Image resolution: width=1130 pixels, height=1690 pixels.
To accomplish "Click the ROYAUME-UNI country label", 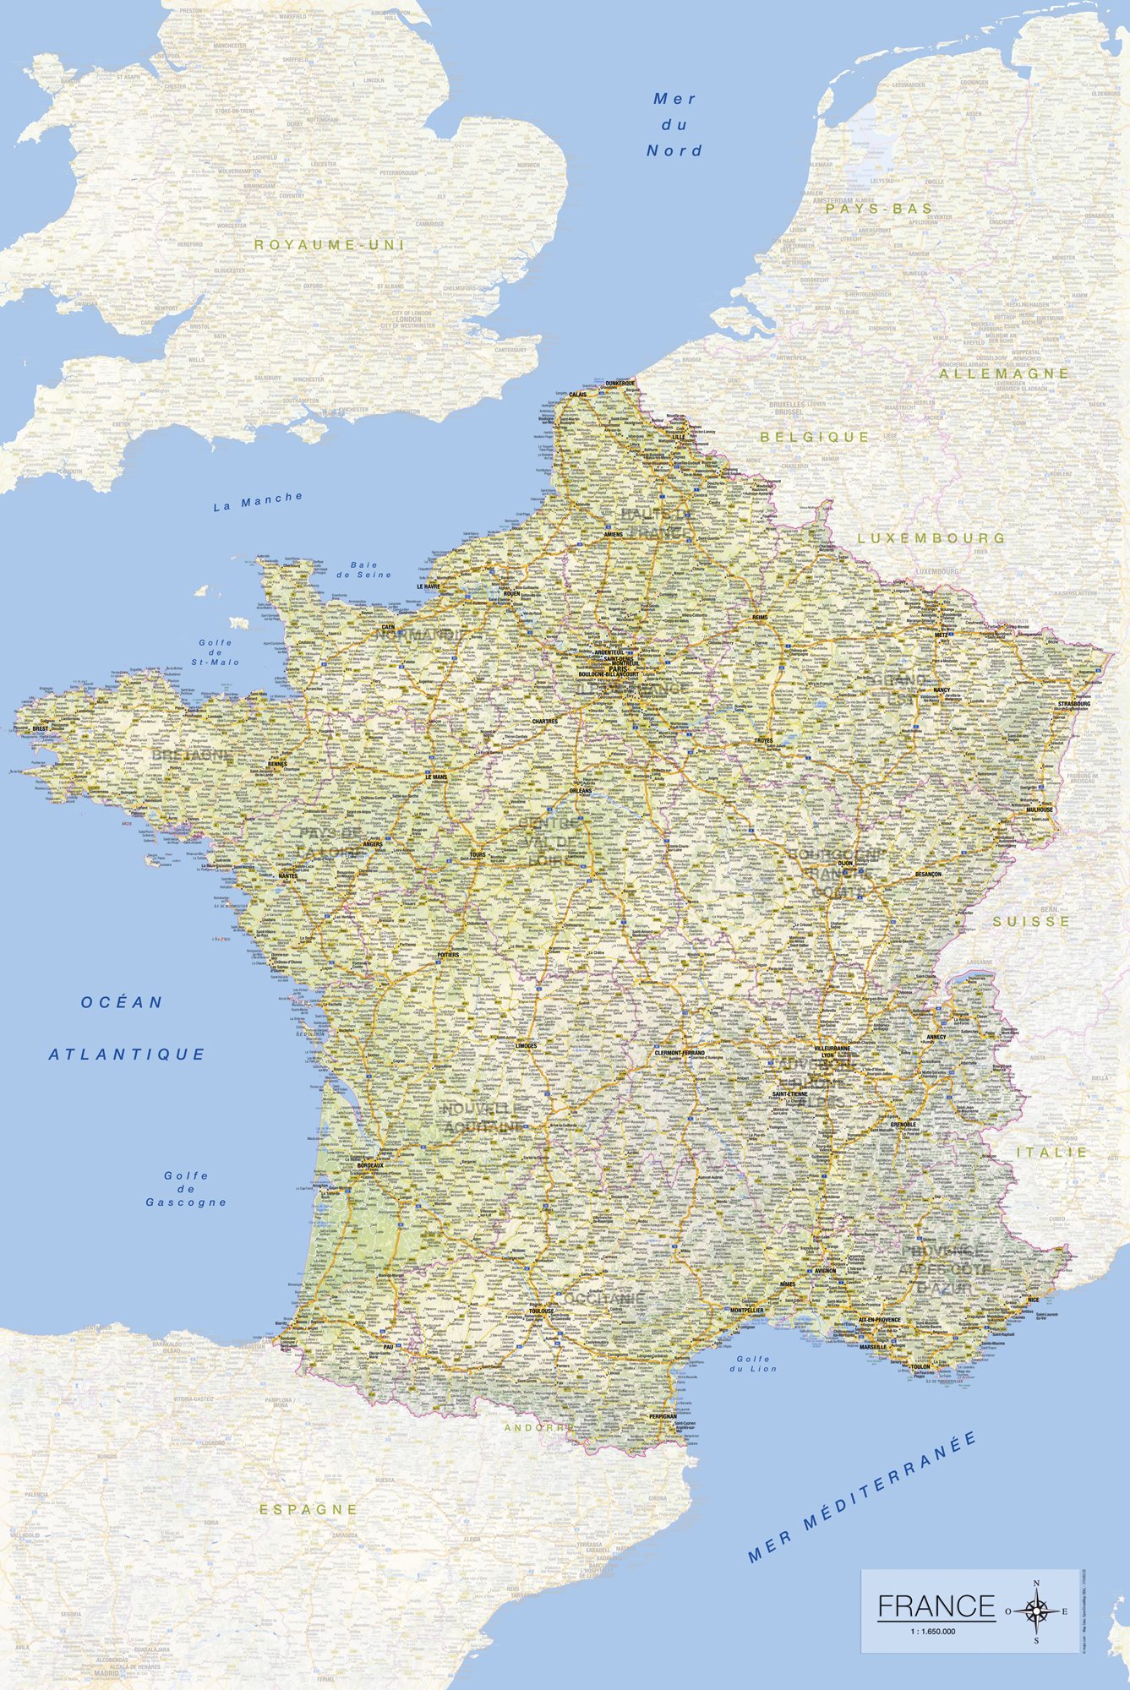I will (330, 244).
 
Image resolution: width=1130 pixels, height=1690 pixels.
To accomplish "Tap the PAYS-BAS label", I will (880, 208).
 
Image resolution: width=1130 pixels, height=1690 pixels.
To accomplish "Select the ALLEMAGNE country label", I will (1004, 373).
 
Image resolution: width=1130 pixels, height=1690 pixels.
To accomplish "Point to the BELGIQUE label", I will (815, 437).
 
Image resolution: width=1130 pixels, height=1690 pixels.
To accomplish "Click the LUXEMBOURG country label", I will (931, 537).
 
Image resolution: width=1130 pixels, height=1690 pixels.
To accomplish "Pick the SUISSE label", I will (1031, 921).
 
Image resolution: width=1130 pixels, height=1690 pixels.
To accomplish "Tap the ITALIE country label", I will (1051, 1152).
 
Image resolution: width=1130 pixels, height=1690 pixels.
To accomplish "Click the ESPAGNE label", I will (308, 1508).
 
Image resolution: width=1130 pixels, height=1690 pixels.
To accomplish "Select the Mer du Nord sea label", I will (674, 125).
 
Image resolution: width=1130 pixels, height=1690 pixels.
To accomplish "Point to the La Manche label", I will (258, 501).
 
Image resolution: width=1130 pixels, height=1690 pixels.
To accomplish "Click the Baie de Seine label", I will (364, 570).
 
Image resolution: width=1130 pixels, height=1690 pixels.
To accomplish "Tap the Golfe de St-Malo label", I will (216, 651).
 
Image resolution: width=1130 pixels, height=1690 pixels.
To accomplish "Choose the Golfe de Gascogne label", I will (186, 1188).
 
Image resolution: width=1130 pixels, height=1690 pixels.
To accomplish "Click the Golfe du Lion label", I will (755, 1363).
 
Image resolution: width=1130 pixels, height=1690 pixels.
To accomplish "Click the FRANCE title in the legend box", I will (936, 1605).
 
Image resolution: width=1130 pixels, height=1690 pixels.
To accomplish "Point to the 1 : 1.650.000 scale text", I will (932, 1631).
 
